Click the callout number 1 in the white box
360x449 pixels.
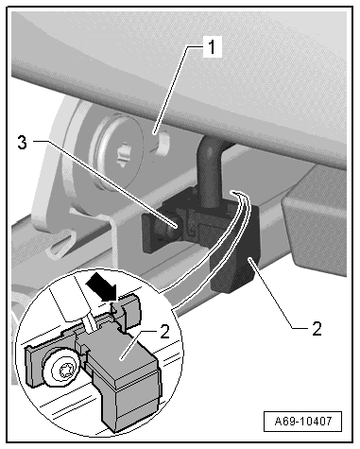(x=213, y=47)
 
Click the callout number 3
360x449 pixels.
(x=22, y=143)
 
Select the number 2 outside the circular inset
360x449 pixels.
(x=317, y=329)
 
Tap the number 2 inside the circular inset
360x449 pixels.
(x=164, y=332)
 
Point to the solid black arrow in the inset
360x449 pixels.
(x=101, y=288)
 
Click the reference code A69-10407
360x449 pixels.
(x=303, y=422)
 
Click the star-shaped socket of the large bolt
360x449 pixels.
(x=125, y=154)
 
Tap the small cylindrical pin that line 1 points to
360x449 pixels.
(x=163, y=145)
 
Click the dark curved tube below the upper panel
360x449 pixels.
(x=211, y=171)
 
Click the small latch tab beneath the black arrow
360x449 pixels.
(x=126, y=312)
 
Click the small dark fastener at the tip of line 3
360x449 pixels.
(x=170, y=228)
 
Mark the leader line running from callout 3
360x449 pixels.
(x=105, y=183)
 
